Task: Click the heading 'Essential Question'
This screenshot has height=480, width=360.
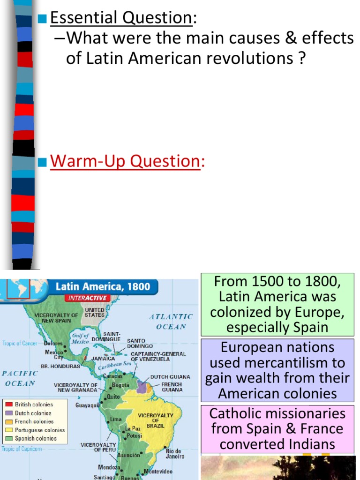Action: pyautogui.click(x=120, y=18)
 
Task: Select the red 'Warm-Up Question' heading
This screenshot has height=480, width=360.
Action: pyautogui.click(x=125, y=161)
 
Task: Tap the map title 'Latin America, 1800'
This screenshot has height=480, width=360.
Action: pyautogui.click(x=103, y=286)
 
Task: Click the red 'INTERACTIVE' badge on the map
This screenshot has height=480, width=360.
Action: pyautogui.click(x=88, y=298)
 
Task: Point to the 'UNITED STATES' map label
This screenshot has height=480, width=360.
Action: pyautogui.click(x=94, y=313)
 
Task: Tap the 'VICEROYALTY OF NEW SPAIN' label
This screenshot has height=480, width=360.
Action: pyautogui.click(x=56, y=318)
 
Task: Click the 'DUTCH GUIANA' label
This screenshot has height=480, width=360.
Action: pyautogui.click(x=170, y=376)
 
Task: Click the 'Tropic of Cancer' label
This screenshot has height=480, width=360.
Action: pyautogui.click(x=20, y=344)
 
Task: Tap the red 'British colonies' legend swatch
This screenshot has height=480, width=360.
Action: pyautogui.click(x=9, y=405)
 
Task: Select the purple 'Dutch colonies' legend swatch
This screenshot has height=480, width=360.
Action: pyautogui.click(x=9, y=413)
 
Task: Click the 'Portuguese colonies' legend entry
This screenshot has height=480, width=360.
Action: pyautogui.click(x=39, y=430)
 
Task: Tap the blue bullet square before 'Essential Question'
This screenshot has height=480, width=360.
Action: pyautogui.click(x=43, y=19)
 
